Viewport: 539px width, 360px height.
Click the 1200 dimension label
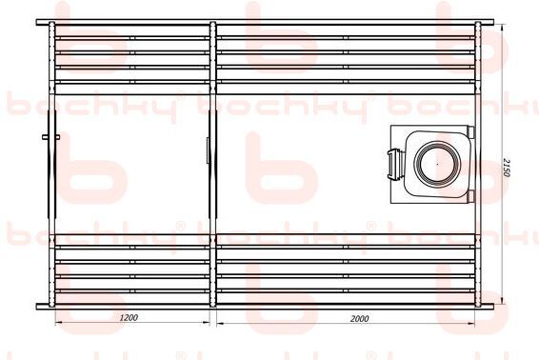click(x=129, y=317)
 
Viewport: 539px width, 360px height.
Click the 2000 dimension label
click(x=360, y=318)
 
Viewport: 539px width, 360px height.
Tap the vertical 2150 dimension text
click(x=506, y=168)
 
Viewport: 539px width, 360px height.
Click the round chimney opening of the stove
click(x=437, y=164)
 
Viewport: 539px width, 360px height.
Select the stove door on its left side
click(x=392, y=165)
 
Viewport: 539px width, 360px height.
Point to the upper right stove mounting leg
click(x=470, y=131)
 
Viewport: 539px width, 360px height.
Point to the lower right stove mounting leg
click(x=470, y=196)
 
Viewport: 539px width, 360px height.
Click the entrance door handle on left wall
click(x=50, y=137)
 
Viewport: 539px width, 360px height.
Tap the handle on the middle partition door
click(x=208, y=150)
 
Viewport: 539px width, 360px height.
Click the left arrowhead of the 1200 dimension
click(x=59, y=323)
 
